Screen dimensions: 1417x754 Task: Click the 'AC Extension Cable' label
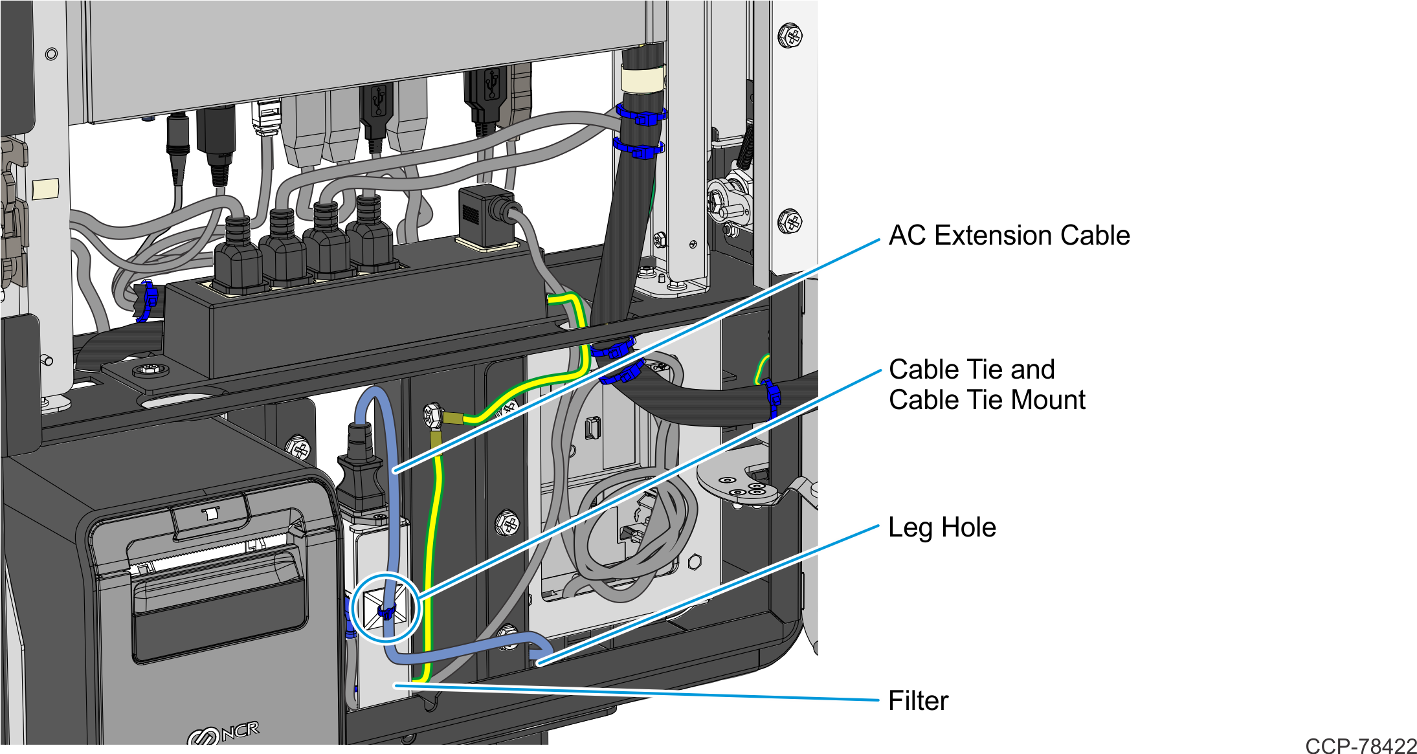(x=1009, y=236)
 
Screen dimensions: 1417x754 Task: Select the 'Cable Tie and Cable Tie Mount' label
(x=987, y=384)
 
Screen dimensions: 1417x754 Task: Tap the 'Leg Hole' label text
(x=942, y=527)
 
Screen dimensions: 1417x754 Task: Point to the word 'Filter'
(x=918, y=701)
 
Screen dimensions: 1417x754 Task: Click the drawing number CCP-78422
(x=1361, y=746)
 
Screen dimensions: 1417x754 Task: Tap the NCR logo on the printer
(x=223, y=734)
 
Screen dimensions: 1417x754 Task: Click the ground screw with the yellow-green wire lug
(x=432, y=416)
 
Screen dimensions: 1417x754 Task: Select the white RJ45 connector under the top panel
(x=267, y=117)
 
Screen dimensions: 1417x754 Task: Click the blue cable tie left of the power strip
(x=148, y=300)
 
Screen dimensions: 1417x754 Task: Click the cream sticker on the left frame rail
(x=45, y=189)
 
